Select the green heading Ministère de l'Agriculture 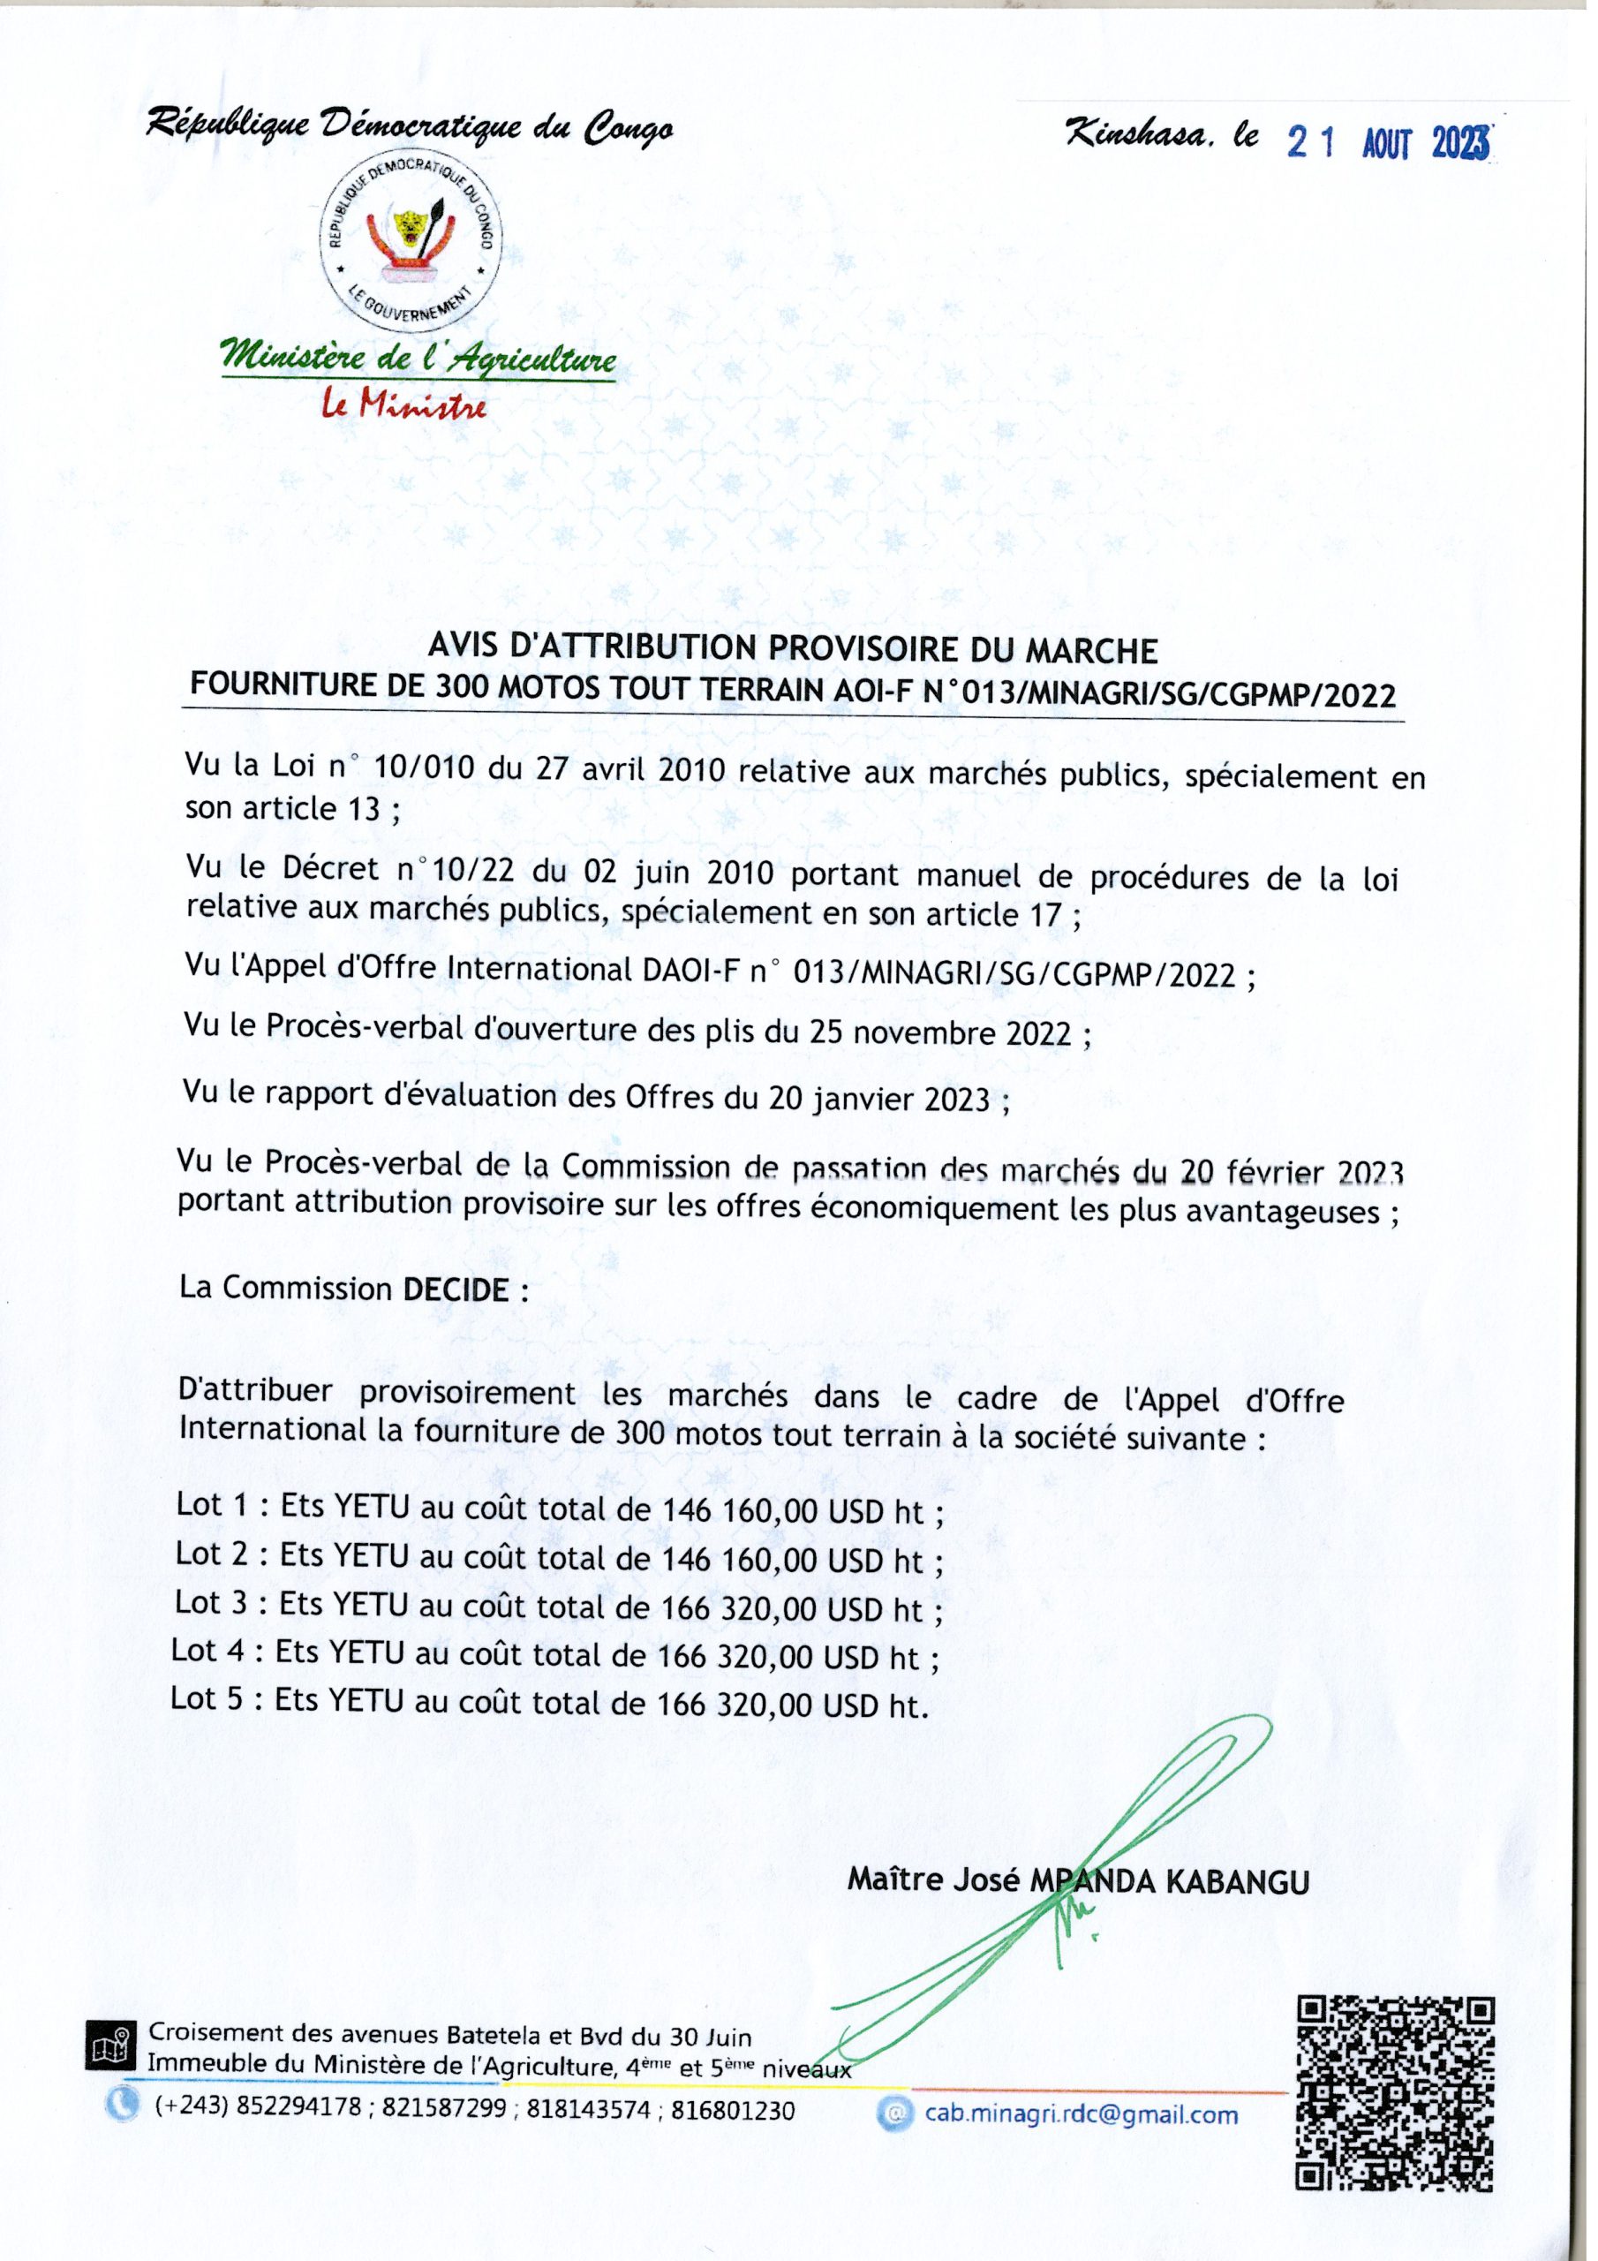point(420,359)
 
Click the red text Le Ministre point(404,405)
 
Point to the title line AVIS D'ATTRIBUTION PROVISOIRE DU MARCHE point(793,650)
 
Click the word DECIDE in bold point(456,1289)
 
